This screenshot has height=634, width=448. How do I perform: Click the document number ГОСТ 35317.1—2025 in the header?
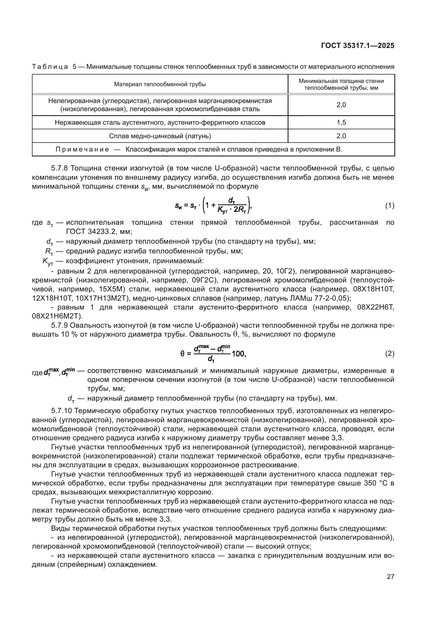358,46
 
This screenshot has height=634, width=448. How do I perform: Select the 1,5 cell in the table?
341,122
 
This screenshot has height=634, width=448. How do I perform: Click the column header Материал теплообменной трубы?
160,84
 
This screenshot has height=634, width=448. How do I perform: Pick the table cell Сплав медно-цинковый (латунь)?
160,136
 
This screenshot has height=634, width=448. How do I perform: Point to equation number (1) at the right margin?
389,206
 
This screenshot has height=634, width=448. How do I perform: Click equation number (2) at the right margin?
389,354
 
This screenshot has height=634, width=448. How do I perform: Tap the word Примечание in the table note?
82,149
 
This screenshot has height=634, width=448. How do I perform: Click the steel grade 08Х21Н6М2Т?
57,316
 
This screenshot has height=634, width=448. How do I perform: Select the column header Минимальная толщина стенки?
341,81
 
